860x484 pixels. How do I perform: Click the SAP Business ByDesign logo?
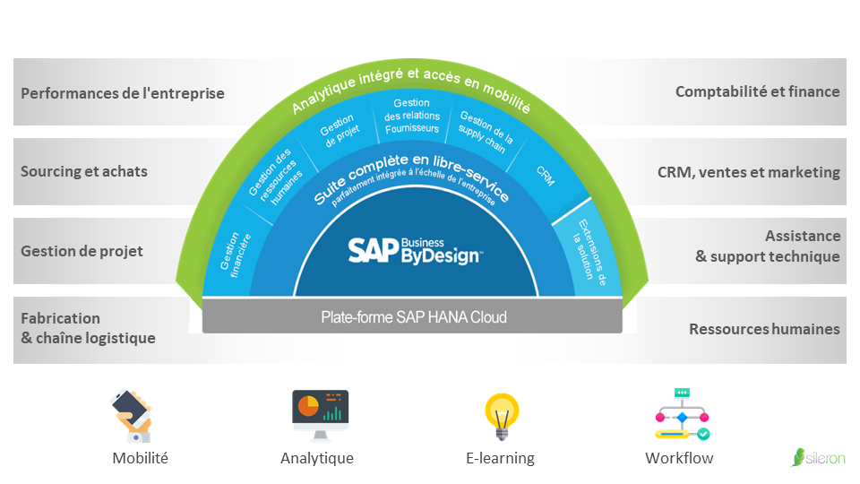click(415, 249)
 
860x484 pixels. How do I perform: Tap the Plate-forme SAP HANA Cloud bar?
click(413, 317)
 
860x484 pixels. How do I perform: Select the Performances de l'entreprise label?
click(123, 93)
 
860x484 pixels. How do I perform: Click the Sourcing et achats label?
click(84, 171)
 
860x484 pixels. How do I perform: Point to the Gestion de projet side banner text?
click(82, 251)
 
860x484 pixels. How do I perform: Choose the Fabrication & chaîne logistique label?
click(88, 328)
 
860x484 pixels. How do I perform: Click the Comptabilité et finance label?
click(757, 91)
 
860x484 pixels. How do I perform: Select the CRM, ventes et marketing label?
click(748, 172)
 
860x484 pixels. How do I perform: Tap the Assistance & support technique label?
click(768, 246)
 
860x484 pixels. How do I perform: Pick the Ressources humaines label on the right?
click(764, 329)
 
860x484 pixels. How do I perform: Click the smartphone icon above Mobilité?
click(134, 414)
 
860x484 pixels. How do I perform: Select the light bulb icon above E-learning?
click(501, 415)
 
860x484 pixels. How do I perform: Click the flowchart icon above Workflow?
click(682, 414)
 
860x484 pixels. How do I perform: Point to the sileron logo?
click(818, 457)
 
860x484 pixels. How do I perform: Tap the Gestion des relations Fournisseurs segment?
click(411, 116)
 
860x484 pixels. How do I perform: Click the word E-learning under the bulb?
click(500, 458)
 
